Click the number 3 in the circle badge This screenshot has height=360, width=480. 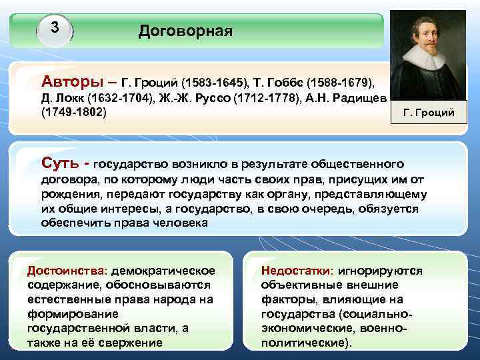tap(55, 28)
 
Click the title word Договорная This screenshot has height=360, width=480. tap(185, 31)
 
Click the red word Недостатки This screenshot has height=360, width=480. tap(297, 271)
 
